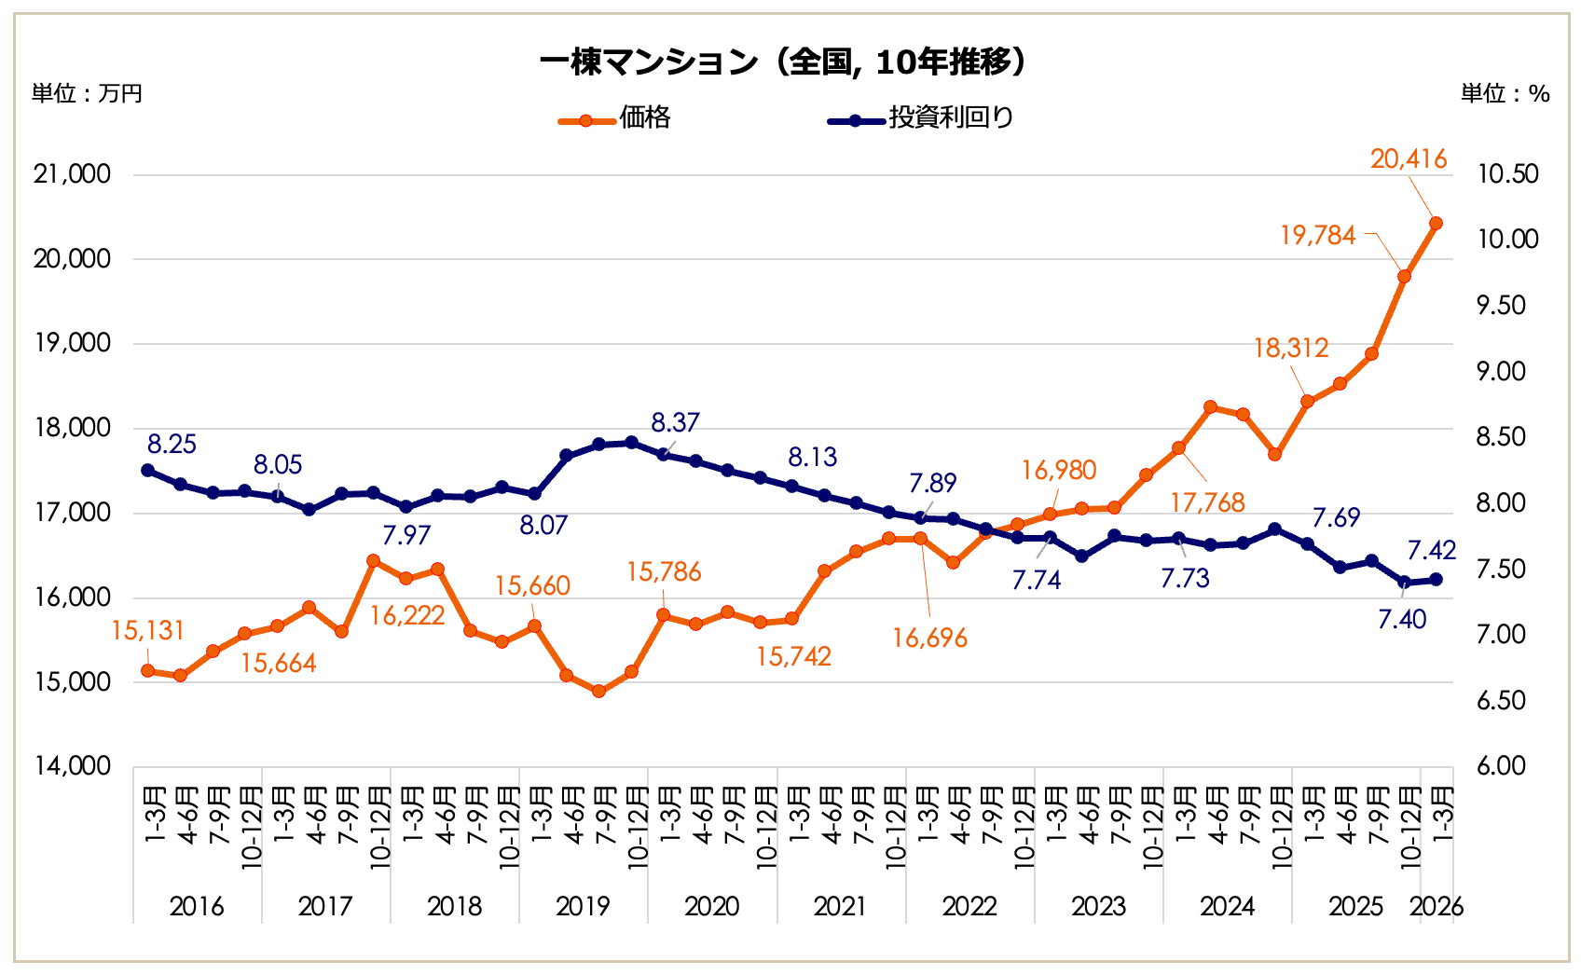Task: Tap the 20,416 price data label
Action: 1408,159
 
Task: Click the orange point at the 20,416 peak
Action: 1436,224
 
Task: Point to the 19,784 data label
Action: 1317,235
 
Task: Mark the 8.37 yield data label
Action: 675,423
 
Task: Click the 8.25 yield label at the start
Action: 172,445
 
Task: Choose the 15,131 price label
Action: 147,631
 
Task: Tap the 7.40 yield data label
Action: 1402,619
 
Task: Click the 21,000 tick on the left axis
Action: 72,174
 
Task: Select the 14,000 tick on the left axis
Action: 72,766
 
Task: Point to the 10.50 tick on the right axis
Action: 1507,174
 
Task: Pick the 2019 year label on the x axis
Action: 583,906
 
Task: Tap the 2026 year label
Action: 1437,906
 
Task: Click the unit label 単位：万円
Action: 87,93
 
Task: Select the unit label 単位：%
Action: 1505,93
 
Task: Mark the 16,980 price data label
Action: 1058,470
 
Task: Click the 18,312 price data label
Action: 1290,349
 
